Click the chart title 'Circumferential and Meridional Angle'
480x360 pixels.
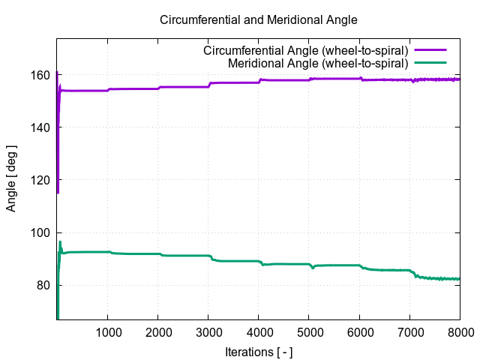[259, 19]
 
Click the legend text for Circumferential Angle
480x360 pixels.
[306, 50]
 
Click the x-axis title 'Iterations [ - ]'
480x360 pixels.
[259, 351]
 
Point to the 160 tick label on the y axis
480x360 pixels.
[41, 75]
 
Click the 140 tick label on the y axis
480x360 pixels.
[41, 127]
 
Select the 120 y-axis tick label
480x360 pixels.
[41, 180]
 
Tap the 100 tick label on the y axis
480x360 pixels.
[41, 232]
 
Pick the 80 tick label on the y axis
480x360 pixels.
[44, 285]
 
